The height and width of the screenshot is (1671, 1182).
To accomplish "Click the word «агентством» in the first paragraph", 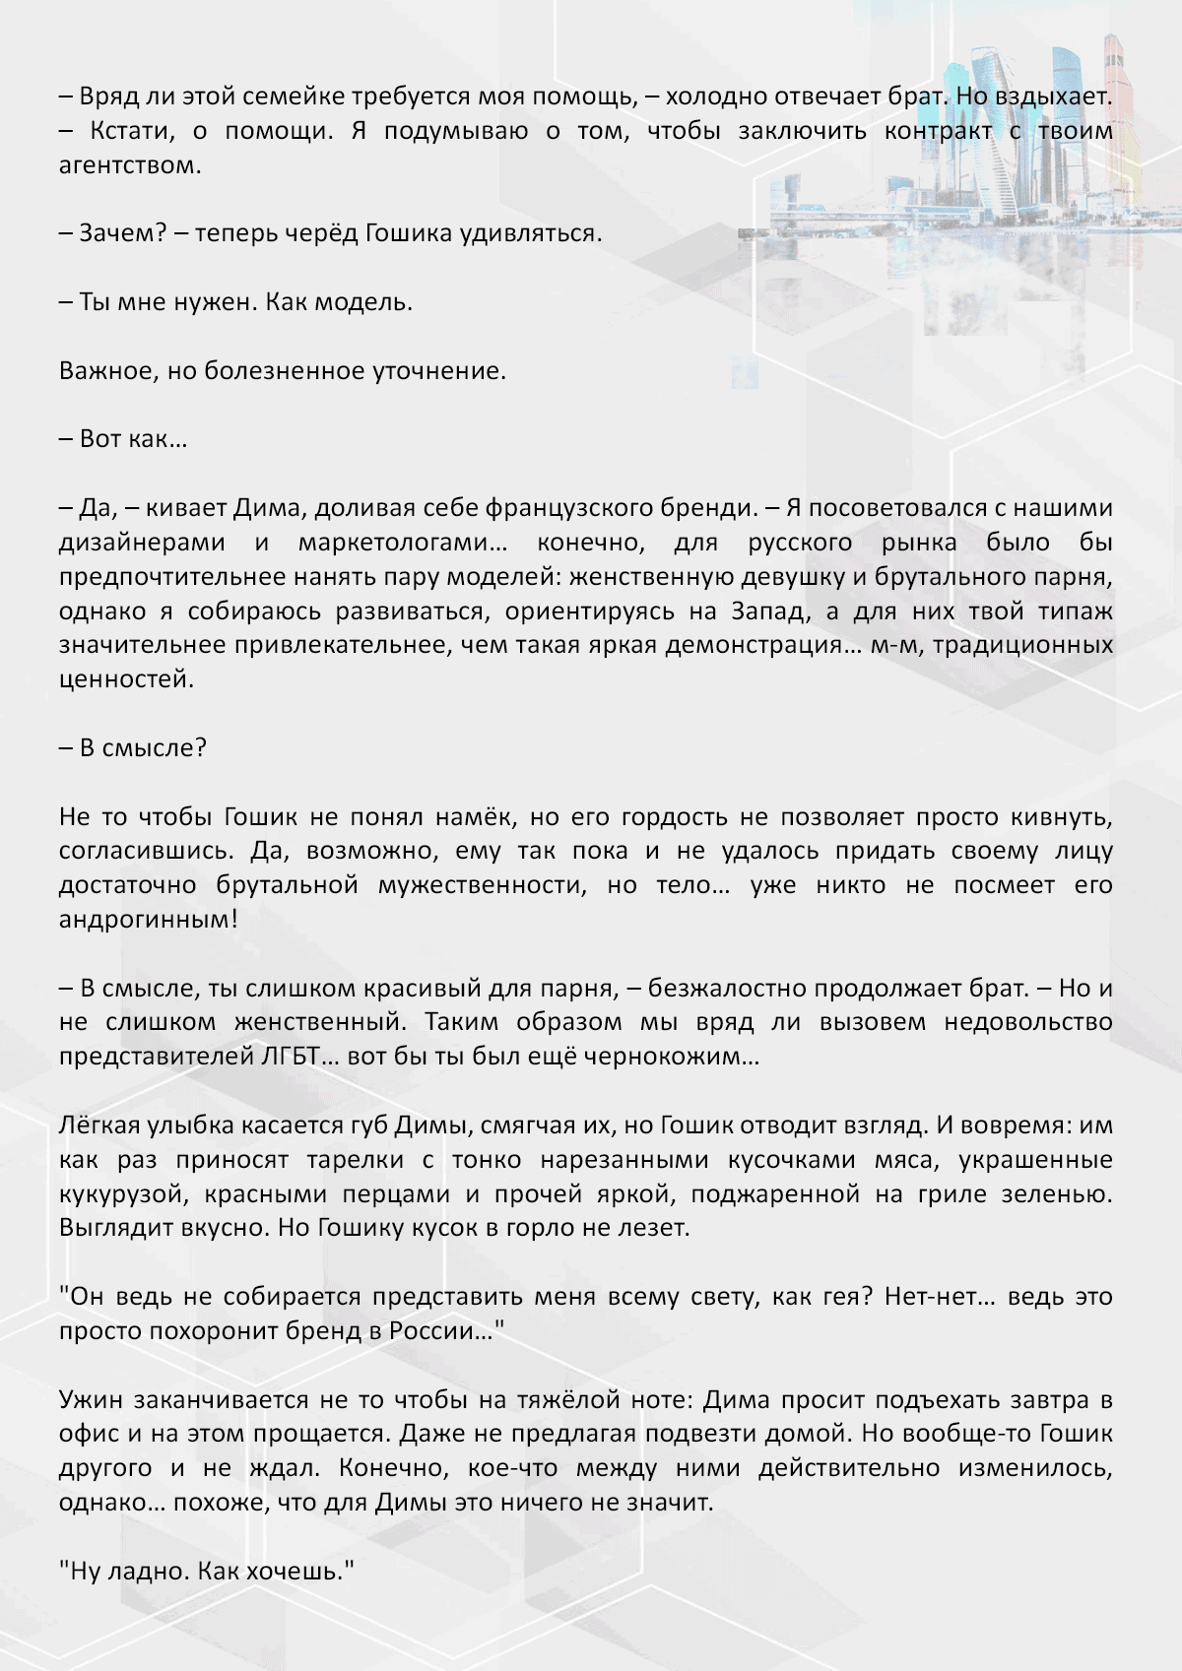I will [129, 165].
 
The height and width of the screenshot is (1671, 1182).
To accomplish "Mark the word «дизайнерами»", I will [142, 543].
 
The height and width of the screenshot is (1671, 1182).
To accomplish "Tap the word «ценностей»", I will [125, 679].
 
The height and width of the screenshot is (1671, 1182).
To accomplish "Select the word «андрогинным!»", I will [149, 920].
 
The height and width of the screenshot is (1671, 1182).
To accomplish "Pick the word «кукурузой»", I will [121, 1194].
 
